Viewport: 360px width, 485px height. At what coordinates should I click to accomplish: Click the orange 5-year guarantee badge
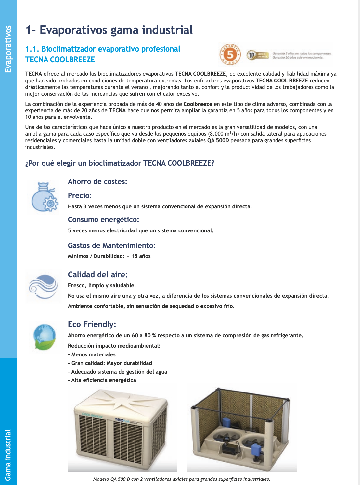pos(230,54)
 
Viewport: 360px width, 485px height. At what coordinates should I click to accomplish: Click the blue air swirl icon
pos(43,286)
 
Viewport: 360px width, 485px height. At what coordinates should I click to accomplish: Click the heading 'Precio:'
pos(80,195)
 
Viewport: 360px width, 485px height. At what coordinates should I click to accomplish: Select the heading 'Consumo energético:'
pos(103,219)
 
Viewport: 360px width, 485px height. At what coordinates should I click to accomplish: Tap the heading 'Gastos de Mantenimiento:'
pos(111,245)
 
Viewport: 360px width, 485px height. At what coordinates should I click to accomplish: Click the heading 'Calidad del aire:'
pos(97,275)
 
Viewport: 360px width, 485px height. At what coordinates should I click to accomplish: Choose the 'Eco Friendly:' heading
pos(92,324)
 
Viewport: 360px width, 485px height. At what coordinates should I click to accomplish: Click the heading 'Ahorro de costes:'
pos(97,181)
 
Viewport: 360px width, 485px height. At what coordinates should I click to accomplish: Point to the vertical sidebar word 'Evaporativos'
pos(8,49)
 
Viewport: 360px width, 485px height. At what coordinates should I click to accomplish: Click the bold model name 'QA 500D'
pos(218,141)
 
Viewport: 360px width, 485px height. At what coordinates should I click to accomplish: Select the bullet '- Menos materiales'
pos(92,354)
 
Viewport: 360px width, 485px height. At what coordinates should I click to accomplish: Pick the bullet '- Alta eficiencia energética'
pos(102,380)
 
